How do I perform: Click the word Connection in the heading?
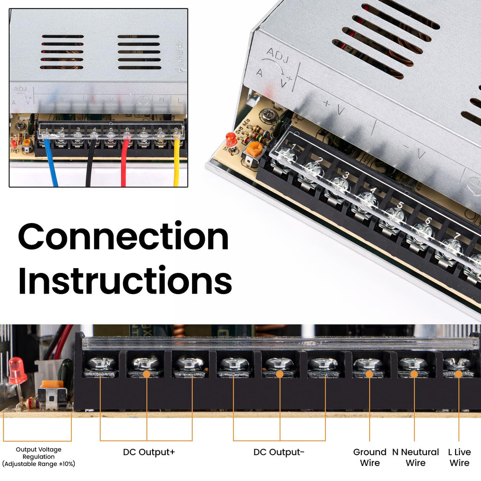coord(123,237)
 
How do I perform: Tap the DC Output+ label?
coord(149,452)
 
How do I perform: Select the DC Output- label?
coord(279,452)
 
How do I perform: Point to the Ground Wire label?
coord(370,458)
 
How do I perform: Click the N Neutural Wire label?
coord(415,458)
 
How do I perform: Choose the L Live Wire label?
coord(459,458)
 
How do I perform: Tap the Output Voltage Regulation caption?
coord(39,457)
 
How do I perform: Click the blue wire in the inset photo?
coord(51,164)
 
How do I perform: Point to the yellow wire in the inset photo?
coord(177,164)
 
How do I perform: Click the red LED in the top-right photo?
coord(231,139)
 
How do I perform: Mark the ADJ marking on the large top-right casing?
coord(277,54)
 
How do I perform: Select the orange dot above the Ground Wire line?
coord(369,374)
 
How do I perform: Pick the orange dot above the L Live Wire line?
coord(459,374)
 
